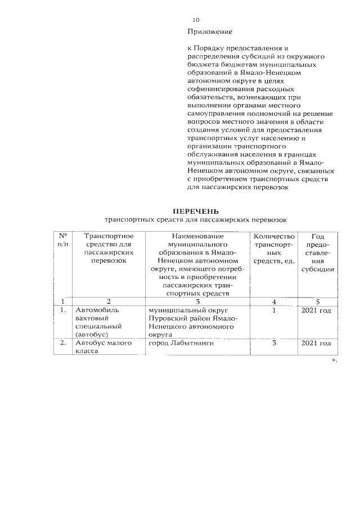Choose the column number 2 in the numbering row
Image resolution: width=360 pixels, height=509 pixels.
pyautogui.click(x=109, y=301)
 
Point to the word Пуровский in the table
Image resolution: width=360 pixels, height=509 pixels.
pyautogui.click(x=164, y=318)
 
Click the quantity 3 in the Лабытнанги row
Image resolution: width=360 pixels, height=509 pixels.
pyautogui.click(x=274, y=343)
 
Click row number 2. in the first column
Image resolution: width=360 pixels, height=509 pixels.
pyautogui.click(x=63, y=343)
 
